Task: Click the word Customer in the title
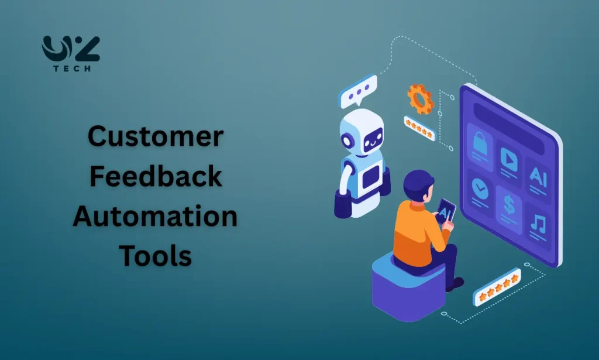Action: (155, 137)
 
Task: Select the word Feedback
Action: (155, 177)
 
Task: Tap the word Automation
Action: (155, 217)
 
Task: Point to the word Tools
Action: (155, 256)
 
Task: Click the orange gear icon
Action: (420, 99)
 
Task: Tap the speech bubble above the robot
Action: (359, 91)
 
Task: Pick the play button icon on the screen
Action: (508, 156)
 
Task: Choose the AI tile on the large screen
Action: (538, 174)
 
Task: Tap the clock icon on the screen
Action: (479, 187)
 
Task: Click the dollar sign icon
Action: (508, 203)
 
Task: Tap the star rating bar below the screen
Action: (497, 287)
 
